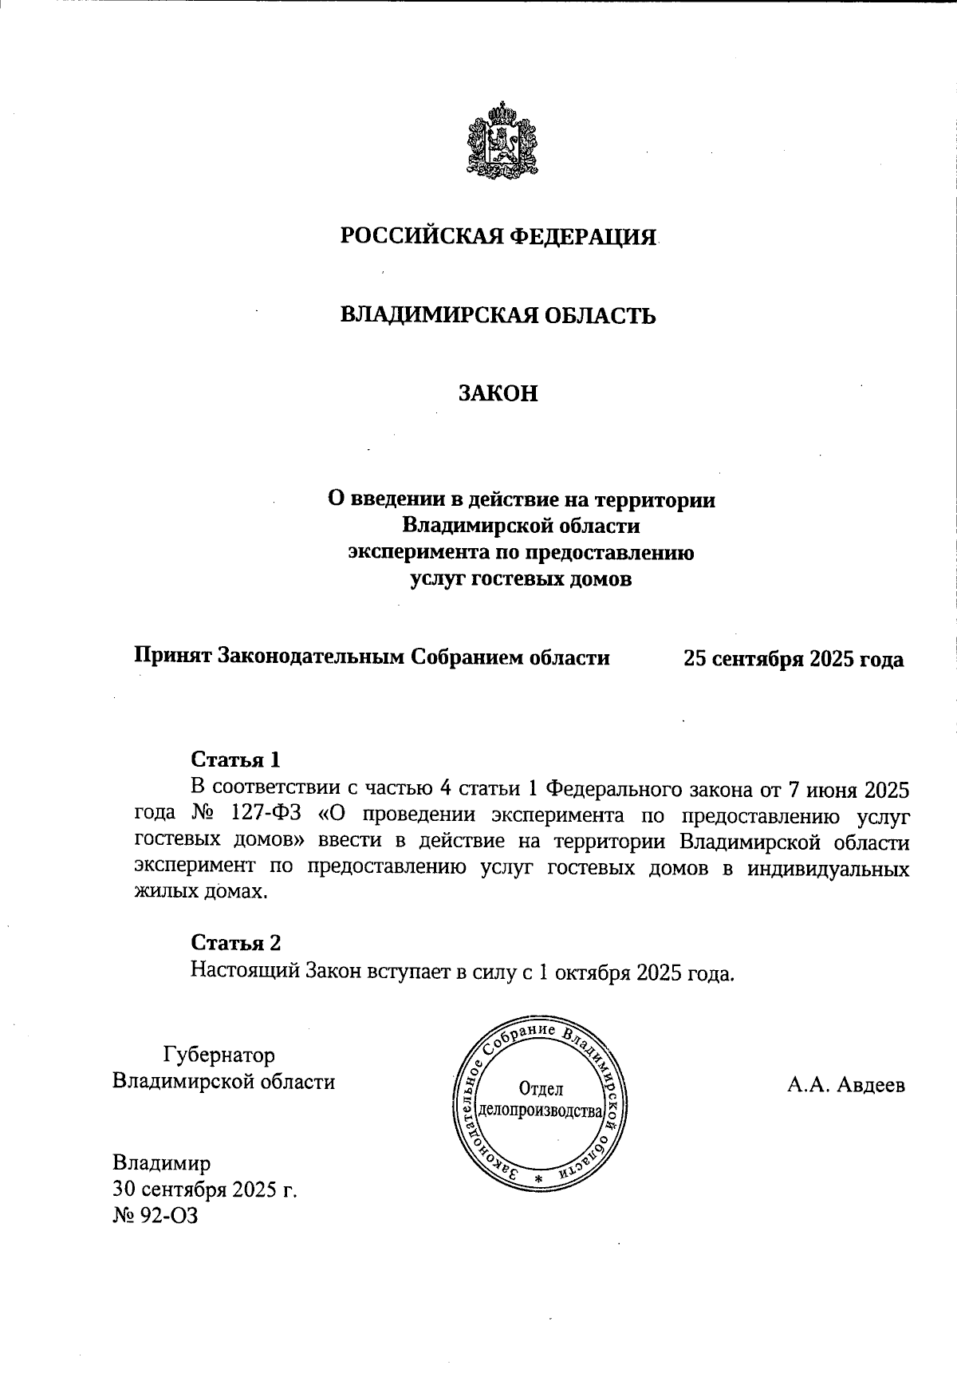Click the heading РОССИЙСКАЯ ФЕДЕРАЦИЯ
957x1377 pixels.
point(498,237)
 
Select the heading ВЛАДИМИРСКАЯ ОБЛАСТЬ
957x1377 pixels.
point(498,315)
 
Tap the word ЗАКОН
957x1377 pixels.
point(498,393)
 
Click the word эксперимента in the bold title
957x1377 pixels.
point(411,552)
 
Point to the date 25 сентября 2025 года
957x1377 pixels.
point(793,659)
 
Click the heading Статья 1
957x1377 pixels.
point(236,758)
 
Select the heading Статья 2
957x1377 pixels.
point(236,942)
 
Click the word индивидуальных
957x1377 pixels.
point(829,868)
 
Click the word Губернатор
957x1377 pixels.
point(219,1055)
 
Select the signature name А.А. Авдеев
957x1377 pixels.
point(845,1085)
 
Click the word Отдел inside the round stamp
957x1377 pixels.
point(540,1088)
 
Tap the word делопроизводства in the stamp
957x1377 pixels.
point(539,1111)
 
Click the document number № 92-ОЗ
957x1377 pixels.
point(155,1216)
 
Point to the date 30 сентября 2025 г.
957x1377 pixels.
point(205,1190)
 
